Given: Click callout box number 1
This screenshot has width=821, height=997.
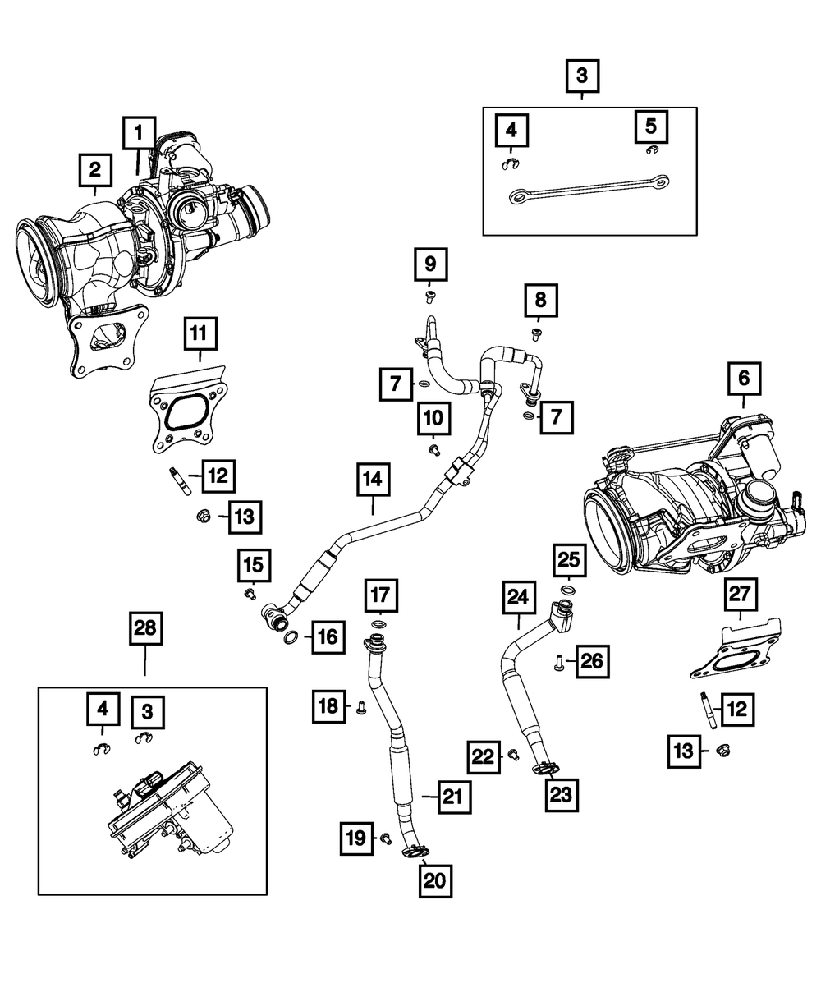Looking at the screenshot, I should click(x=139, y=131).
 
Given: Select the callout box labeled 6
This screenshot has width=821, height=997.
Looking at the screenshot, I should click(x=744, y=379).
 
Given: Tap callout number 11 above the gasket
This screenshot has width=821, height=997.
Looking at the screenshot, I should click(x=200, y=336).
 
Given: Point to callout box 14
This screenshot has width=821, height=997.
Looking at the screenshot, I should click(x=374, y=480).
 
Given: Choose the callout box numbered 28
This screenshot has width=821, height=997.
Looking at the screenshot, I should click(x=144, y=630).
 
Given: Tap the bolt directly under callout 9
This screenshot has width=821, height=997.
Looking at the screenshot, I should click(x=429, y=296).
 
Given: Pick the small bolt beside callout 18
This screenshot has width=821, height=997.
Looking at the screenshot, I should click(x=360, y=705).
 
